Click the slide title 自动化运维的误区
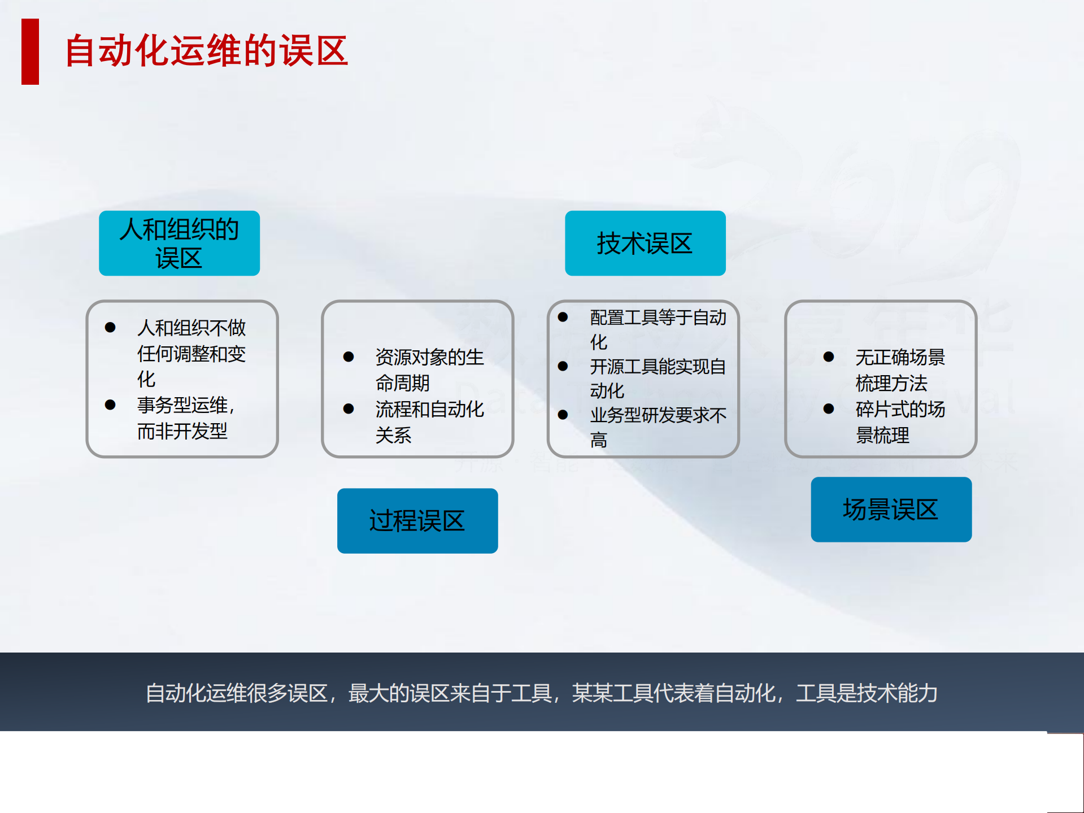(206, 51)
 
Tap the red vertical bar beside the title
(30, 51)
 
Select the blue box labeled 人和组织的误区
(179, 244)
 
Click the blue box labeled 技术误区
(645, 244)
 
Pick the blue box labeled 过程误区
(417, 521)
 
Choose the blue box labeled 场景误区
(891, 510)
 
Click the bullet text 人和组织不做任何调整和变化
(191, 353)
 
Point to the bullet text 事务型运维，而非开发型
(185, 418)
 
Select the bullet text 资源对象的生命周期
(429, 370)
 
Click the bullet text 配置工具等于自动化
(658, 329)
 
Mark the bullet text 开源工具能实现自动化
(658, 378)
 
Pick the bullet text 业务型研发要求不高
(658, 427)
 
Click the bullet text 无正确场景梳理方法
(900, 370)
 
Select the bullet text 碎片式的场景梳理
(900, 422)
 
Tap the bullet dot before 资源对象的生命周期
(349, 357)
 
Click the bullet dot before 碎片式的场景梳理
(829, 409)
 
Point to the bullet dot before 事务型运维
(110, 405)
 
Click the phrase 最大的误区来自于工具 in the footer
(450, 693)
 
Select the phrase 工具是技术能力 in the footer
(867, 693)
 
